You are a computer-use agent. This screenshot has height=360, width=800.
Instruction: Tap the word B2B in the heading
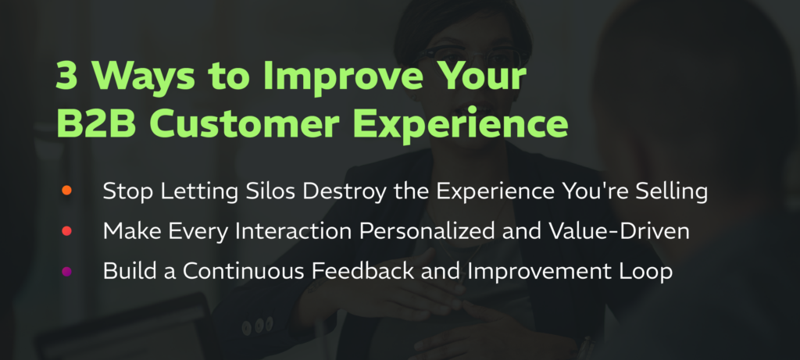click(96, 124)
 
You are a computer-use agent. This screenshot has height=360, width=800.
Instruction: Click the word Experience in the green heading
click(461, 127)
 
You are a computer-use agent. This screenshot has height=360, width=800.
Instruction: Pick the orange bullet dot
click(66, 191)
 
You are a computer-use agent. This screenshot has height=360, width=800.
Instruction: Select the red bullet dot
click(66, 231)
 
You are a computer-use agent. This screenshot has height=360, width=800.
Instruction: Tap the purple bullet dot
click(66, 271)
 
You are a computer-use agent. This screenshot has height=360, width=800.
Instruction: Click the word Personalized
click(427, 231)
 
